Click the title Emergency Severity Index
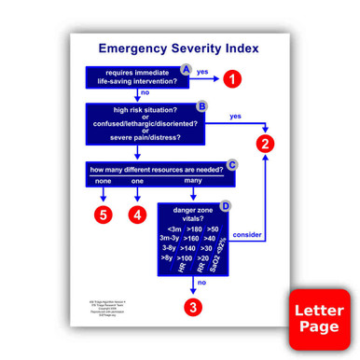coord(179,48)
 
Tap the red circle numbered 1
coord(233,79)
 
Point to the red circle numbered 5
coord(104,215)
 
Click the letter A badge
coord(186,70)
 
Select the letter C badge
coord(232,164)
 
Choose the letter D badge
coord(225,205)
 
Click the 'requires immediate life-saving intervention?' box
coord(138,77)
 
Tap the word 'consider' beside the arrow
coord(246,233)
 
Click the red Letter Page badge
coord(320,320)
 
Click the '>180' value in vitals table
coord(194,228)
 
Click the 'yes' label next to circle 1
coord(201,71)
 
